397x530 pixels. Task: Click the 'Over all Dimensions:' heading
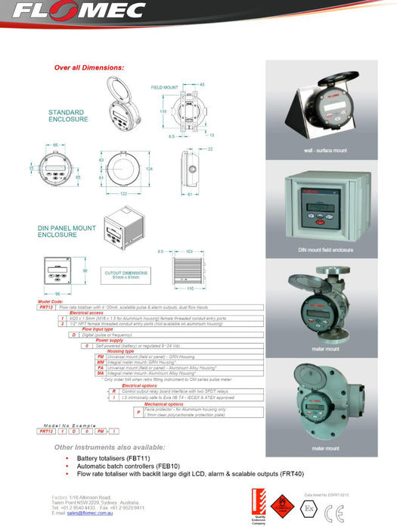coord(88,67)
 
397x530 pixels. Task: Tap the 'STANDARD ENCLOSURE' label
coord(68,115)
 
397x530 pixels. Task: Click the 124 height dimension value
coord(149,168)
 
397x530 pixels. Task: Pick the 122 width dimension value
coord(122,195)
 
